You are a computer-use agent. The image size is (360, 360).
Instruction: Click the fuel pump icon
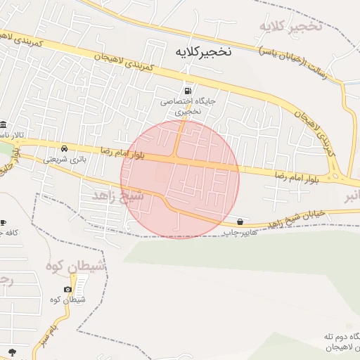pyautogui.click(x=187, y=90)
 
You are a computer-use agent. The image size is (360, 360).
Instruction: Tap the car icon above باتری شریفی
pyautogui.click(x=65, y=149)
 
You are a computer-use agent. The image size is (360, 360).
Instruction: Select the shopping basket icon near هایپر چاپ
pyautogui.click(x=241, y=221)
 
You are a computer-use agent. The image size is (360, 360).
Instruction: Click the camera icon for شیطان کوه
pyautogui.click(x=67, y=289)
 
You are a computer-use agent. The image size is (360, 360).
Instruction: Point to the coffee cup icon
pyautogui.click(x=3, y=222)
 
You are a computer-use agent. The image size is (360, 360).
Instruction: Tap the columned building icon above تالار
pyautogui.click(x=4, y=124)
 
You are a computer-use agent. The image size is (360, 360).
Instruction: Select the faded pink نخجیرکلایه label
pyautogui.click(x=290, y=27)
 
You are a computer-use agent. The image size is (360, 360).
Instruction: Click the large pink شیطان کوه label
pyautogui.click(x=77, y=266)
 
